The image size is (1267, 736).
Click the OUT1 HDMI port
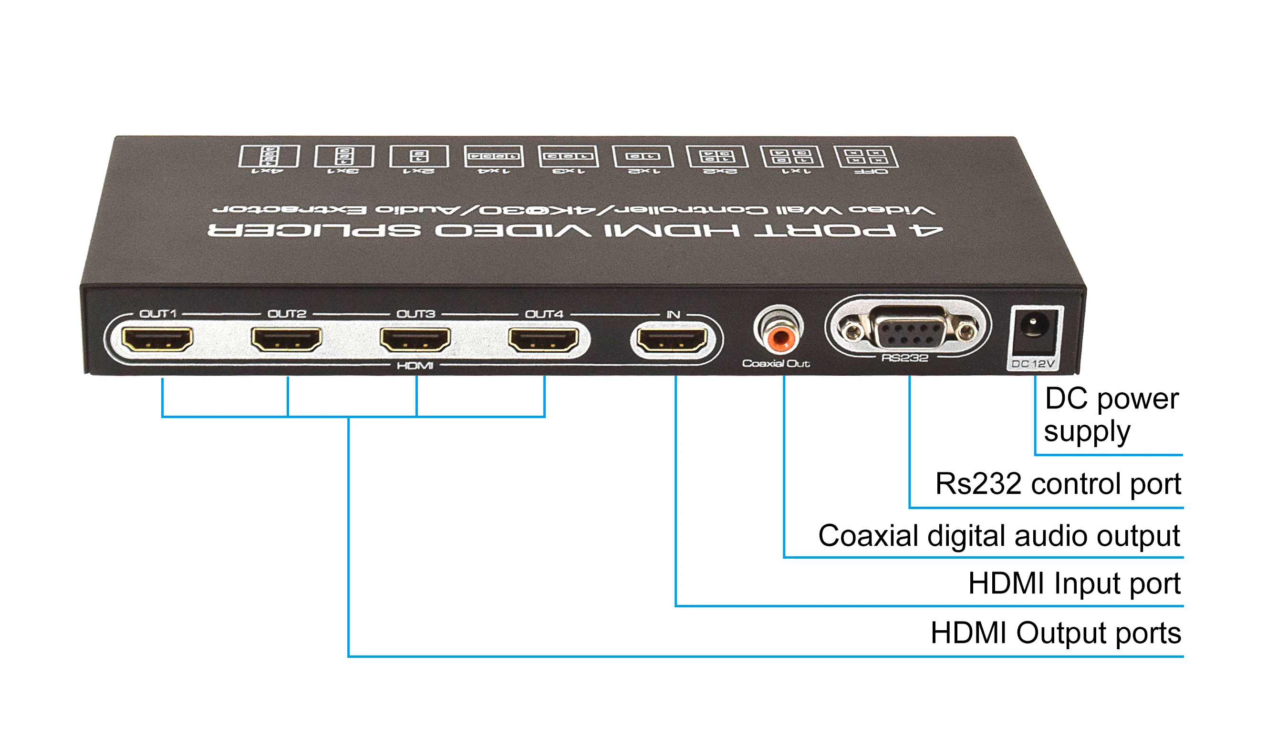pyautogui.click(x=158, y=339)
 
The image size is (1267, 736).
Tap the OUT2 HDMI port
pyautogui.click(x=287, y=339)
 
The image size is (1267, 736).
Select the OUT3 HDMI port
pyautogui.click(x=415, y=339)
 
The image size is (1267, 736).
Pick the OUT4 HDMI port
pyautogui.click(x=543, y=339)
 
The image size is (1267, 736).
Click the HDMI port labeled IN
pyautogui.click(x=672, y=339)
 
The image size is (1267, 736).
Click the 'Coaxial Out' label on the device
pyautogui.click(x=776, y=363)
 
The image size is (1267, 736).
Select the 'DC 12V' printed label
pyautogui.click(x=1033, y=364)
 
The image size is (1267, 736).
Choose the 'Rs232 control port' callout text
pyautogui.click(x=1058, y=484)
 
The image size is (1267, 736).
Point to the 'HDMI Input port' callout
pyautogui.click(x=1074, y=583)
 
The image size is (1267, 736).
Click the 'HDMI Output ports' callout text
pyautogui.click(x=1056, y=633)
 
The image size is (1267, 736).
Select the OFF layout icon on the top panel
pyautogui.click(x=866, y=157)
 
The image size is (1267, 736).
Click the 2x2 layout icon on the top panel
pyautogui.click(x=718, y=157)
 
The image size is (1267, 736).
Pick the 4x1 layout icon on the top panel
pyautogui.click(x=270, y=156)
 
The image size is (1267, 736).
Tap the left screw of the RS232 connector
pyautogui.click(x=851, y=330)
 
